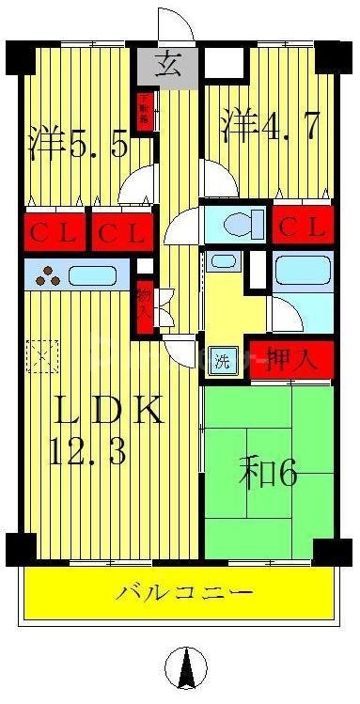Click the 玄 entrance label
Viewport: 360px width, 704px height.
pos(168,65)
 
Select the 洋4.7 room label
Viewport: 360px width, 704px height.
pos(259,122)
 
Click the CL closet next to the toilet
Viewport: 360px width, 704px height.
pos(302,227)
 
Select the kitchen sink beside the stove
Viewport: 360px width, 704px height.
pos(93,276)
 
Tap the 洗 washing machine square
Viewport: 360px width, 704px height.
pos(222,360)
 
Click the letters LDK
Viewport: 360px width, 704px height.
pos(109,411)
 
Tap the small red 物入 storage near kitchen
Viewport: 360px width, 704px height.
pos(145,307)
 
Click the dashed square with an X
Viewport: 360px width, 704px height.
pos(42,356)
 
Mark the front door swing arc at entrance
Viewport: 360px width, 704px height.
pos(177,25)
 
